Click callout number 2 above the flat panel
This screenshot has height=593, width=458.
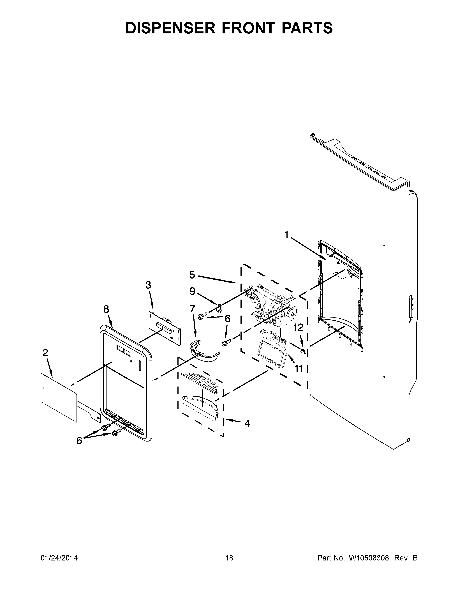pos(45,353)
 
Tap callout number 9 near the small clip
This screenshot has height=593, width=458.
pos(192,291)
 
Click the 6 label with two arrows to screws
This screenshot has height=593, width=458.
pos(79,441)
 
